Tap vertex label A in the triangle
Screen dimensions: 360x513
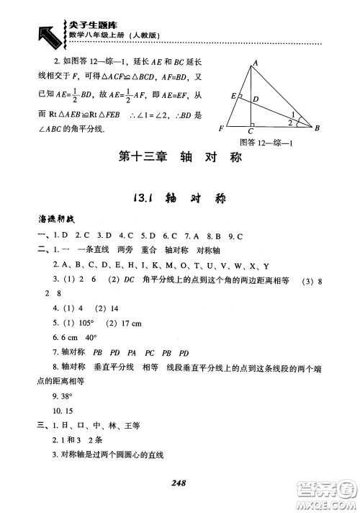pyautogui.click(x=253, y=63)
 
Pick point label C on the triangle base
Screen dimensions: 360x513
pyautogui.click(x=250, y=132)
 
